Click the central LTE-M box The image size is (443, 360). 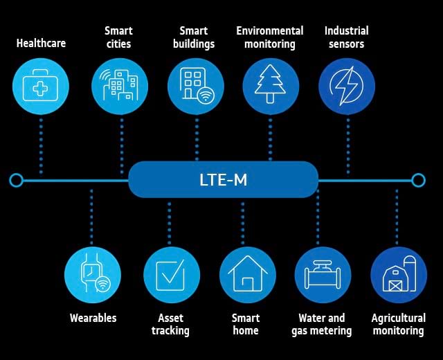pyautogui.click(x=223, y=180)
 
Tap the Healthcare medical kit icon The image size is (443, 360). pyautogui.click(x=41, y=87)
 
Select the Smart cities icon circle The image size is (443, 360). pyautogui.click(x=120, y=87)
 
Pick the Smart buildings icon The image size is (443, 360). pyautogui.click(x=196, y=87)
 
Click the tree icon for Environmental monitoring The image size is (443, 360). pyautogui.click(x=271, y=87)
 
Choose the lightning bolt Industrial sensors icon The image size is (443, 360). pyautogui.click(x=346, y=87)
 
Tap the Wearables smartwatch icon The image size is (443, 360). pyautogui.click(x=93, y=275)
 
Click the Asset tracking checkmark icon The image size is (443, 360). pyautogui.click(x=171, y=275)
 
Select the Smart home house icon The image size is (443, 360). pyautogui.click(x=247, y=275)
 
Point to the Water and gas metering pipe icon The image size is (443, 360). pyautogui.click(x=323, y=275)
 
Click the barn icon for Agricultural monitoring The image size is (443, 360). pyautogui.click(x=398, y=275)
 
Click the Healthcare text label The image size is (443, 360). pyautogui.click(x=41, y=43)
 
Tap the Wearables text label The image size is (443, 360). pyautogui.click(x=93, y=318)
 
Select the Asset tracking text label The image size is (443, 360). pyautogui.click(x=170, y=324)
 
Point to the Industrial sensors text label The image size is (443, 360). pyautogui.click(x=346, y=37)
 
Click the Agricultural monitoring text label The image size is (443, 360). pyautogui.click(x=398, y=324)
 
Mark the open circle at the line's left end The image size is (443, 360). pyautogui.click(x=17, y=181)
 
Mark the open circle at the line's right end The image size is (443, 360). pyautogui.click(x=418, y=181)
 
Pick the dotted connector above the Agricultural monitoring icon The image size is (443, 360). pyautogui.click(x=397, y=218)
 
